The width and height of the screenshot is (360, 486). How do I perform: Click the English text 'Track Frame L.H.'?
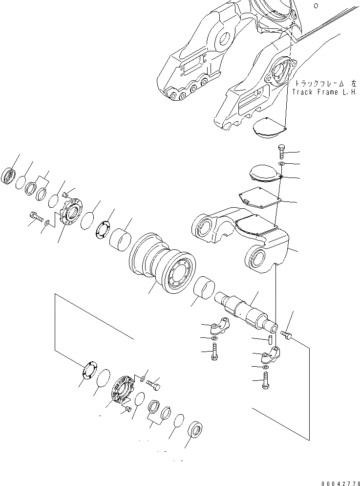pyautogui.click(x=324, y=91)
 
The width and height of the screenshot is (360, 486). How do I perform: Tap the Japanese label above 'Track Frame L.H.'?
pyautogui.click(x=324, y=84)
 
